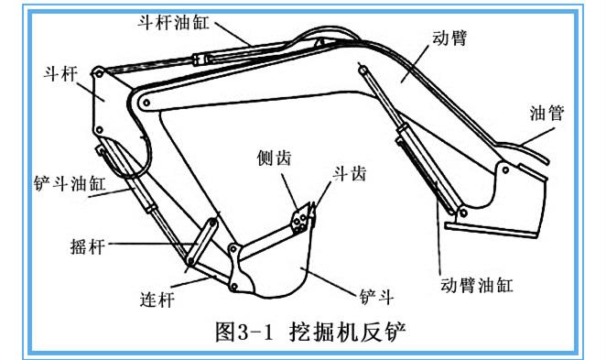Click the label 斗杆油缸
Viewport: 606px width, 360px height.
pyautogui.click(x=174, y=22)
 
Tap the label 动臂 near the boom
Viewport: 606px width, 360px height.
pyautogui.click(x=449, y=38)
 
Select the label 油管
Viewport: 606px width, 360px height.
pyautogui.click(x=546, y=113)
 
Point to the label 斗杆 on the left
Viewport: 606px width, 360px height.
pyautogui.click(x=60, y=73)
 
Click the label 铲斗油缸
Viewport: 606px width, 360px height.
pyautogui.click(x=70, y=183)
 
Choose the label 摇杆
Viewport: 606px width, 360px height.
pyautogui.click(x=88, y=246)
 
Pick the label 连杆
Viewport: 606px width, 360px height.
pyautogui.click(x=157, y=300)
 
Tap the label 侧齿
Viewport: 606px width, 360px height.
pyautogui.click(x=274, y=158)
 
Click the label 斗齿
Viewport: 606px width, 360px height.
pyautogui.click(x=350, y=174)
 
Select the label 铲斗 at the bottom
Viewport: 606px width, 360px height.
pyautogui.click(x=377, y=297)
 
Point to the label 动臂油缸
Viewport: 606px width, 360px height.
pyautogui.click(x=477, y=286)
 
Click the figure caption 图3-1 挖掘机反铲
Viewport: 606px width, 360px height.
pyautogui.click(x=310, y=332)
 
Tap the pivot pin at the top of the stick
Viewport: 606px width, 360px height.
pyautogui.click(x=98, y=72)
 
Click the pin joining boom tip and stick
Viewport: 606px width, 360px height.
pyautogui.click(x=146, y=103)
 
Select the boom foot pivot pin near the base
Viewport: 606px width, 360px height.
pyautogui.click(x=505, y=169)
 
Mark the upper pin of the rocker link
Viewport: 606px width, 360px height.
pyautogui.click(x=212, y=223)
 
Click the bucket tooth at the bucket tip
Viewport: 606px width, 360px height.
pyautogui.click(x=312, y=211)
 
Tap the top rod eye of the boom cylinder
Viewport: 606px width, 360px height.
pyautogui.click(x=363, y=71)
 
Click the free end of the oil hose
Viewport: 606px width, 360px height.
pyautogui.click(x=546, y=161)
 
